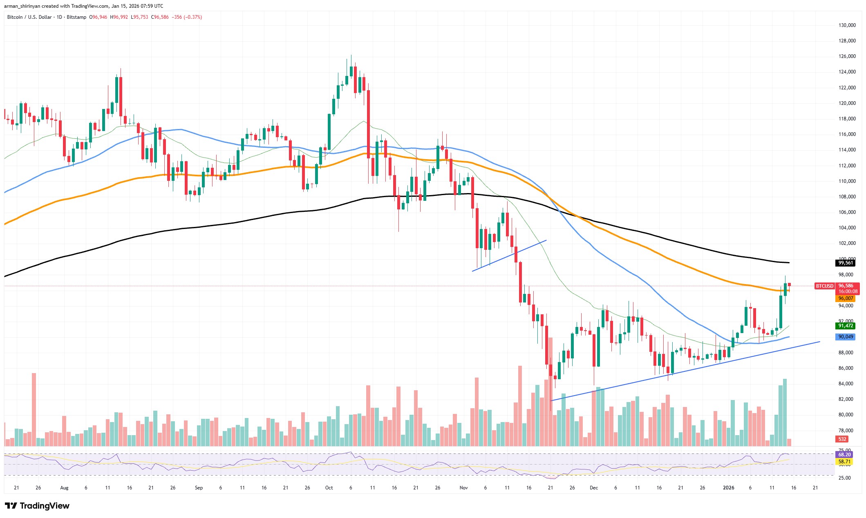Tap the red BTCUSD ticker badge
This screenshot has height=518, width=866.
tap(824, 286)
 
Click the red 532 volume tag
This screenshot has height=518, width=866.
tap(842, 439)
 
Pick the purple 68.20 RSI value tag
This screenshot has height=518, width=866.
tap(844, 455)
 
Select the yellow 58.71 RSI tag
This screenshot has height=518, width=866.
tap(844, 462)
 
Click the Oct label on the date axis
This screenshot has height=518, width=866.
tap(329, 488)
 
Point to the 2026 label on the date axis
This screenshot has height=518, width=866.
tap(729, 488)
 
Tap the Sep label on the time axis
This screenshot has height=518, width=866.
tap(199, 488)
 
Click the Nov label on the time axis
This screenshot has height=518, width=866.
tap(463, 488)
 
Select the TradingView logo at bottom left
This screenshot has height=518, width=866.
tap(37, 506)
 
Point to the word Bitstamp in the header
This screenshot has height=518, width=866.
tap(76, 17)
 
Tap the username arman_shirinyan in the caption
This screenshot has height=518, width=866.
tap(22, 6)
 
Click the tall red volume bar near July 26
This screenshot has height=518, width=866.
tap(34, 409)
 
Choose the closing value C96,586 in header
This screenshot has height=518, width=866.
tap(160, 17)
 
